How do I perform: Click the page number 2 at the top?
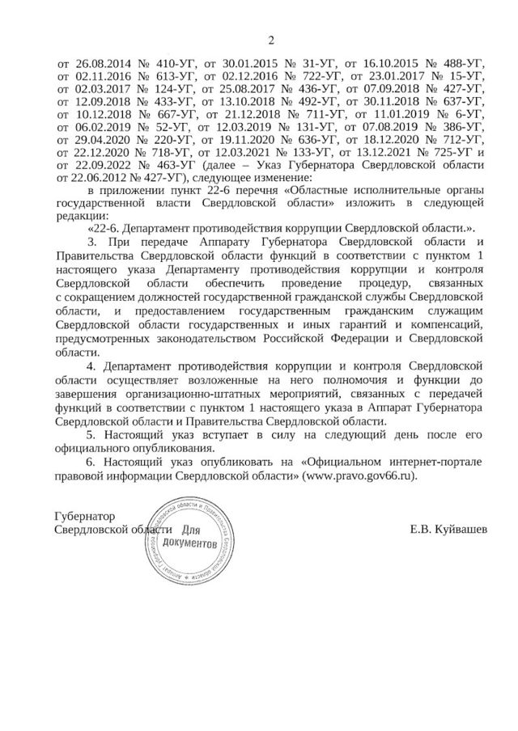[270, 40]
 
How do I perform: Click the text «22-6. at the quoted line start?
[104, 230]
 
